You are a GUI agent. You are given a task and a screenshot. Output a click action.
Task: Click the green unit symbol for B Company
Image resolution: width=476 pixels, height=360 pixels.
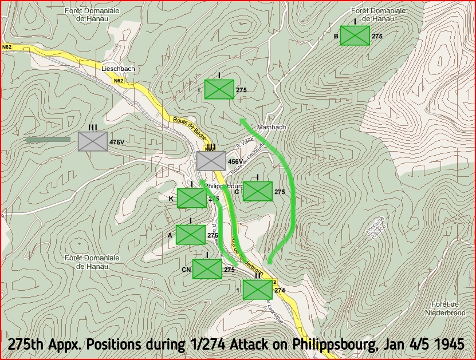click(x=355, y=35)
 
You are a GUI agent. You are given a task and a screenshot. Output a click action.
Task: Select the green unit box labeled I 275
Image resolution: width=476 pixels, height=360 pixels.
click(x=219, y=89)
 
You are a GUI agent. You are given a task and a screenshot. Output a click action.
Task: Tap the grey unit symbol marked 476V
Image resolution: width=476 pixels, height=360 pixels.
click(x=93, y=141)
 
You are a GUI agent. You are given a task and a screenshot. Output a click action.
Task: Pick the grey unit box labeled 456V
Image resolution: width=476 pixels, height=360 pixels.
click(x=211, y=161)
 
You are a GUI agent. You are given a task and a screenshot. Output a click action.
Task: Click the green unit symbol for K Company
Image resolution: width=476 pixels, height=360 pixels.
click(x=191, y=198)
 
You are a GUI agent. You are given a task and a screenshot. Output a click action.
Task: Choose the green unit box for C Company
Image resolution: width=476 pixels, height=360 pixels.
click(x=257, y=191)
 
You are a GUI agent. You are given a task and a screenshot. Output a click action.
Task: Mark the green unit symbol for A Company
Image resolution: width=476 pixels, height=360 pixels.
click(x=190, y=235)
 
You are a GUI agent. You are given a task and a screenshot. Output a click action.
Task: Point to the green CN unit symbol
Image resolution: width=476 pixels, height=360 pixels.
click(x=207, y=269)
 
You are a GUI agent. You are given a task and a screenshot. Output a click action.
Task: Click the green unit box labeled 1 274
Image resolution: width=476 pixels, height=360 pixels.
click(x=257, y=290)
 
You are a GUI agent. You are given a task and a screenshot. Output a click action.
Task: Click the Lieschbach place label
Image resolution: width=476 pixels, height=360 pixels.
click(x=118, y=69)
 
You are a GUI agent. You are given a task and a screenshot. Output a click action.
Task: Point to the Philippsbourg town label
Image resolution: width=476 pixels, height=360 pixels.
click(x=224, y=187)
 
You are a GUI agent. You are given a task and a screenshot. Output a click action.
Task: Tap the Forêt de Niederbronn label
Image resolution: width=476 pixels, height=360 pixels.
click(x=447, y=308)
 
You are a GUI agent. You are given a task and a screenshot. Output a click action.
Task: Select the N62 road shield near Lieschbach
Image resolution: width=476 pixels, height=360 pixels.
click(x=118, y=81)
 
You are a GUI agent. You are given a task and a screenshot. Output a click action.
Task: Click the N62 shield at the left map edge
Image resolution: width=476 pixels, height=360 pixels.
click(x=7, y=46)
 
